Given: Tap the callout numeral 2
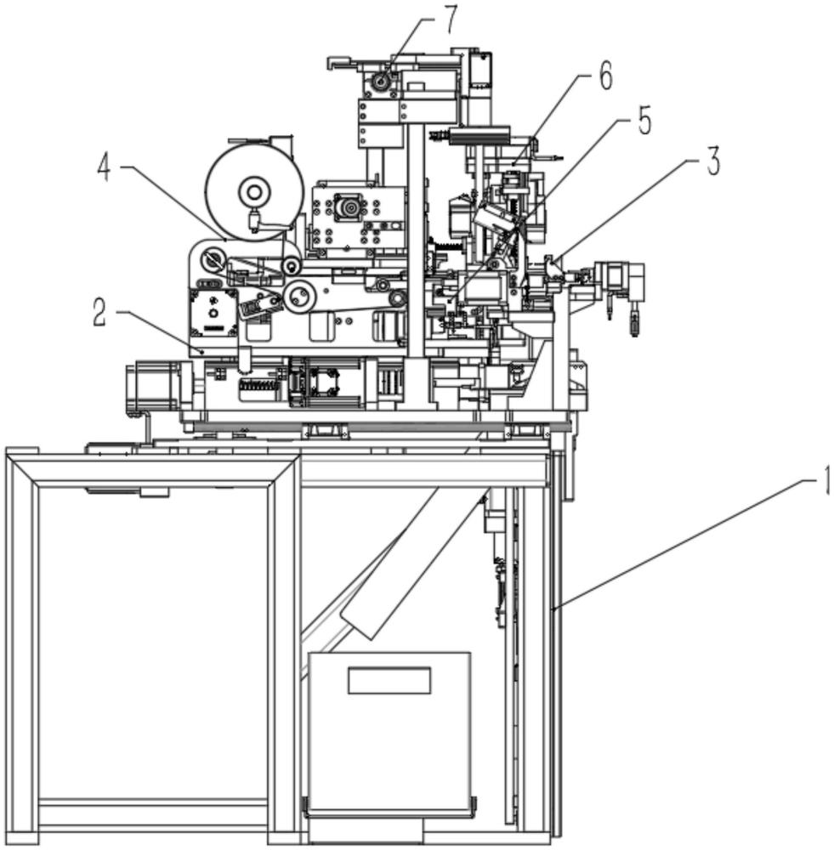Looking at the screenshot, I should point(100,314).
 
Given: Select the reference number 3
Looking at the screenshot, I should point(712,161).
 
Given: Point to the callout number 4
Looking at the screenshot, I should point(104,167).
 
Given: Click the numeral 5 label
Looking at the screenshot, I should point(644,121).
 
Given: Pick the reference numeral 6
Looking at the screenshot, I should point(604,76).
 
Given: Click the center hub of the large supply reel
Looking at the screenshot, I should point(252,191).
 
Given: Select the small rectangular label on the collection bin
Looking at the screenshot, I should point(389,680).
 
